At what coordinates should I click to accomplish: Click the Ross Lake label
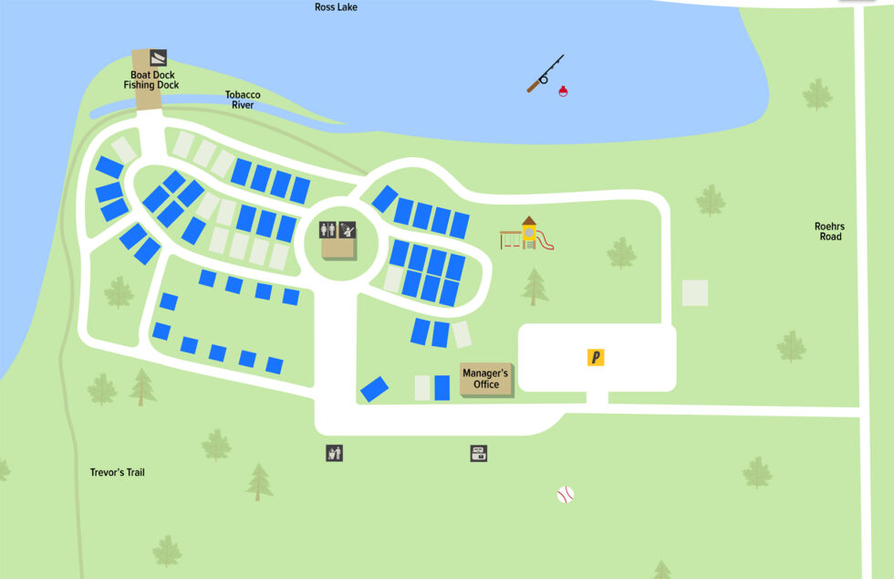click(x=336, y=7)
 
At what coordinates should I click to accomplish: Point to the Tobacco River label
click(x=243, y=100)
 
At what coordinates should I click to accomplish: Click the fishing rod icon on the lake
click(x=545, y=74)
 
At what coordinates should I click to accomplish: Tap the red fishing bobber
click(x=563, y=90)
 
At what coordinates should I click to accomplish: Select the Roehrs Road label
click(x=828, y=231)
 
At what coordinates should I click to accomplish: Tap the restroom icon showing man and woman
click(x=327, y=230)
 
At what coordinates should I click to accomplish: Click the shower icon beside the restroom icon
click(x=347, y=230)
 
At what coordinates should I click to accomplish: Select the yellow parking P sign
click(x=596, y=357)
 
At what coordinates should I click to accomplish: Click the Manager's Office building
click(x=485, y=379)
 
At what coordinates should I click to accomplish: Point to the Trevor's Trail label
click(x=117, y=473)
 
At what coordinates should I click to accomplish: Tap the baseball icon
click(x=566, y=495)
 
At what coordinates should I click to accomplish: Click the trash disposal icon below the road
click(x=335, y=452)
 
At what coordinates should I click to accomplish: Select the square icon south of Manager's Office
click(x=478, y=453)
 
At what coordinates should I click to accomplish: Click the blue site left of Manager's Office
click(x=442, y=388)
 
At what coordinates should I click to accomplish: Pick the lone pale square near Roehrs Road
click(x=695, y=292)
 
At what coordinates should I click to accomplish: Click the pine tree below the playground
click(x=535, y=286)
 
